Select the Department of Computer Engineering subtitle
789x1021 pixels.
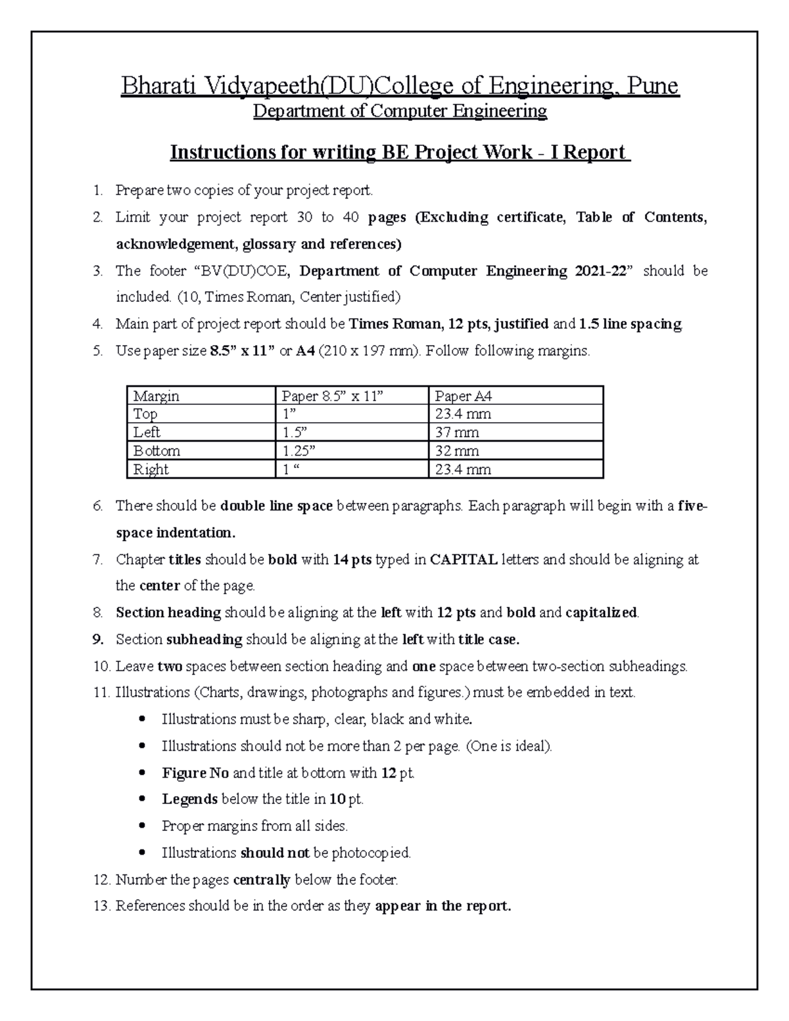pyautogui.click(x=400, y=112)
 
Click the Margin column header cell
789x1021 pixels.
pyautogui.click(x=156, y=396)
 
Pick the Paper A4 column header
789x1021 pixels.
pyautogui.click(x=464, y=396)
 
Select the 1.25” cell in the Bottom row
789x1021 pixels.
pyautogui.click(x=298, y=451)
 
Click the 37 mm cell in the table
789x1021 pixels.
pyautogui.click(x=457, y=433)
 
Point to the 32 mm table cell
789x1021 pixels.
pyautogui.click(x=457, y=451)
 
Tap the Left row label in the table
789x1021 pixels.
pyautogui.click(x=147, y=433)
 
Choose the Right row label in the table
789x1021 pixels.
pyautogui.click(x=151, y=469)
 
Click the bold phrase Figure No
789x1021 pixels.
pyautogui.click(x=195, y=773)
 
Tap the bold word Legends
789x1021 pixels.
pyautogui.click(x=189, y=799)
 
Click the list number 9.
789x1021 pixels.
pyautogui.click(x=98, y=640)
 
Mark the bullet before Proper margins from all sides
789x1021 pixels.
pyautogui.click(x=143, y=826)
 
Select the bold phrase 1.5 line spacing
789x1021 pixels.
pyautogui.click(x=630, y=324)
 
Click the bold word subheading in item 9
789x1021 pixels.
pyautogui.click(x=204, y=640)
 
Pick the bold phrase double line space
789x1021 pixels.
pyautogui.click(x=276, y=506)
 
